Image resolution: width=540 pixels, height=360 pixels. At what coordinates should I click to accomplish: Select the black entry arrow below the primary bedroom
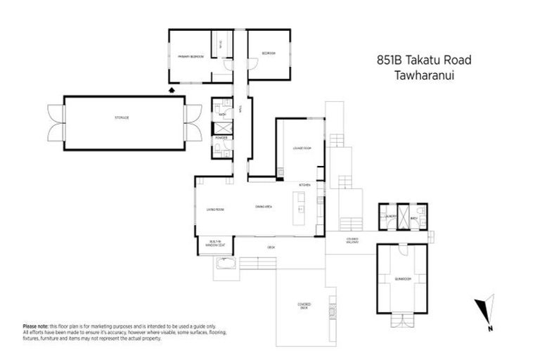click(173, 89)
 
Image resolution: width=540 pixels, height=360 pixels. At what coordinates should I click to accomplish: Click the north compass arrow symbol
click(484, 312)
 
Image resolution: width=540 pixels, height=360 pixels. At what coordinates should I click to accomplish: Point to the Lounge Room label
click(302, 148)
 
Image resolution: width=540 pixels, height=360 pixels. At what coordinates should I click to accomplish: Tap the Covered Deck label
click(304, 306)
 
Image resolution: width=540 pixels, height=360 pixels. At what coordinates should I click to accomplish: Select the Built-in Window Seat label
click(216, 243)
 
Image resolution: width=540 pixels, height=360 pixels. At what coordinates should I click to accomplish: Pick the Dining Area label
click(264, 206)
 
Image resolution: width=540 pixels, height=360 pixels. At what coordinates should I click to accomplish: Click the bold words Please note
click(35, 326)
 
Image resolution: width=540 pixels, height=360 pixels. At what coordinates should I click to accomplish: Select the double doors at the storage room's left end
click(54, 122)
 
